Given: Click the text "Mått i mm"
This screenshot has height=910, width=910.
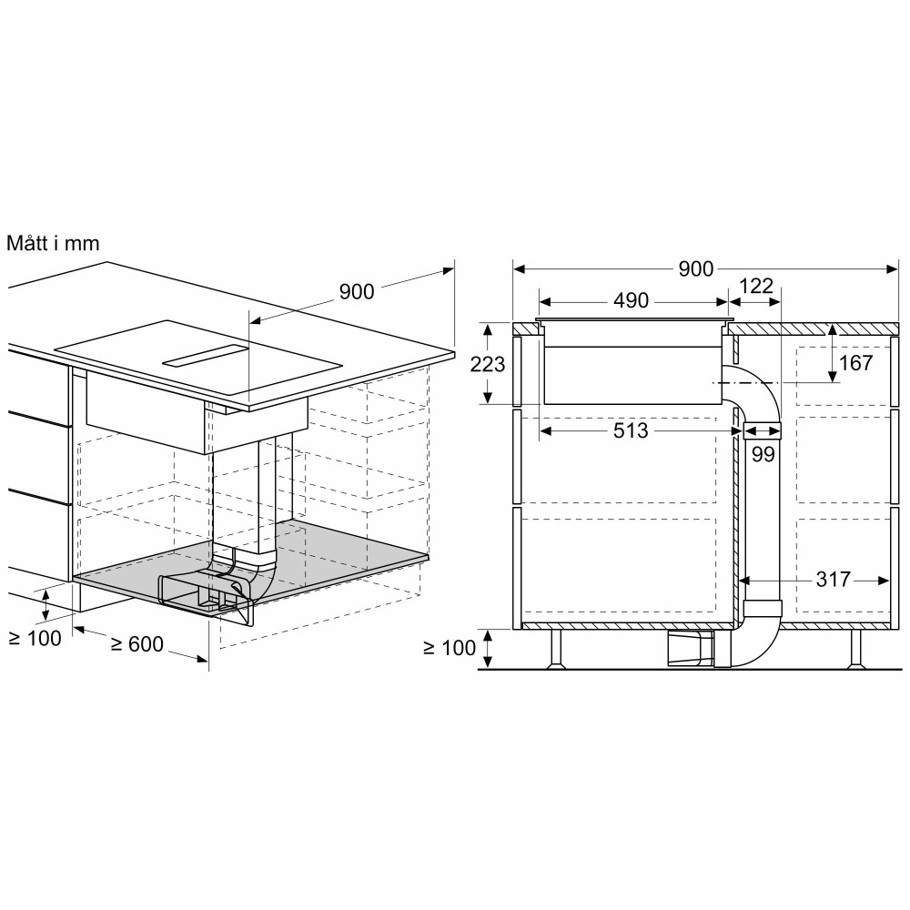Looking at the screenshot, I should click(53, 244).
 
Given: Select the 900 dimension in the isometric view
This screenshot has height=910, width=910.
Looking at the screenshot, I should click(357, 292).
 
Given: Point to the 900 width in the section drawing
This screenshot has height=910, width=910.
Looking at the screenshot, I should click(696, 268).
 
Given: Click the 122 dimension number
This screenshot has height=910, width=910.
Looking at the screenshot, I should click(755, 287).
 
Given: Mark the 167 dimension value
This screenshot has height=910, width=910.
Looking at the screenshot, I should click(854, 363).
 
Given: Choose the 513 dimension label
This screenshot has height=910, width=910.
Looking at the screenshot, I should click(630, 430).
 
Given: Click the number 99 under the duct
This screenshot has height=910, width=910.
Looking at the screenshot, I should click(763, 454).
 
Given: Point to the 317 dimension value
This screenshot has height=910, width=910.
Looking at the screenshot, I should click(832, 579).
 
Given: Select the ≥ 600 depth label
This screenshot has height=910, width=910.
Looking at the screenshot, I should click(136, 644).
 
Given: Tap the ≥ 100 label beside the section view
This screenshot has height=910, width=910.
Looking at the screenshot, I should click(450, 648).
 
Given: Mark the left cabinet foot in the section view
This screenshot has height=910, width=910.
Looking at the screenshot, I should click(556, 649).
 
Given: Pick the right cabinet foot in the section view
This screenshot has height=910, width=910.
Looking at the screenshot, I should click(855, 649).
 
